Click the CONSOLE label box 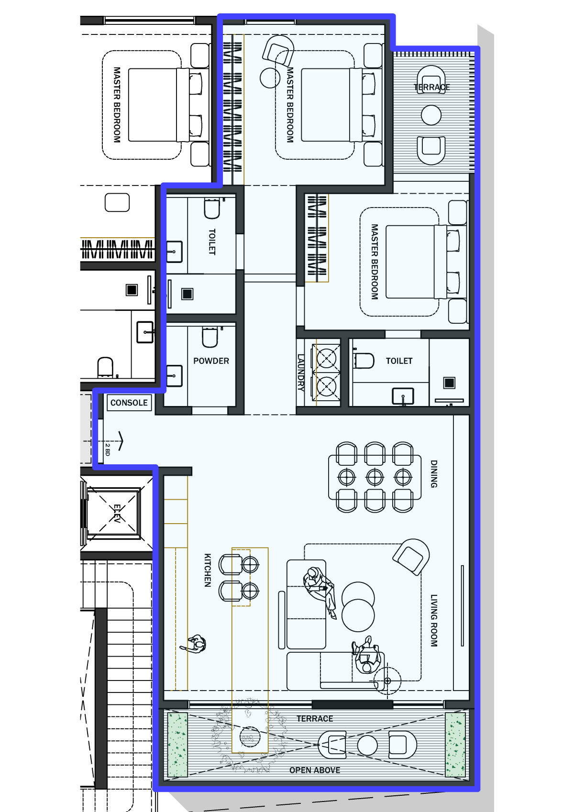129,403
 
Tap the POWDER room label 211,361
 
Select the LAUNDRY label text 300,373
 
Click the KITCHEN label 208,570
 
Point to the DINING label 434,474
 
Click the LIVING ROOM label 434,620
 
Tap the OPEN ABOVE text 315,770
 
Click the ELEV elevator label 117,513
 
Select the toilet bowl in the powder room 210,337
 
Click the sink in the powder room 175,375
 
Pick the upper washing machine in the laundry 326,358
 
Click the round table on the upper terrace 431,115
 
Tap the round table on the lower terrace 367,746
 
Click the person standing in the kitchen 195,644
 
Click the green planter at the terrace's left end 177,745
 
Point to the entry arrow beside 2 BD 121,441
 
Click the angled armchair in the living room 411,557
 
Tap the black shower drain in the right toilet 449,383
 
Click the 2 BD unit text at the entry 107,450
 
